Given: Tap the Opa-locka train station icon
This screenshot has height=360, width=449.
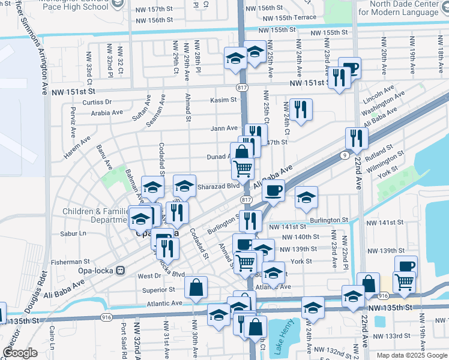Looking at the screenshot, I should (120, 271).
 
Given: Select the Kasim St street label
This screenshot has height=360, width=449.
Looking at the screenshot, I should (223, 100).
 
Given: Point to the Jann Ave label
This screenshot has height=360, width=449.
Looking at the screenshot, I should (224, 128).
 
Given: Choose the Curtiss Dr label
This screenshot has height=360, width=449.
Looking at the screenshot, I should (97, 102).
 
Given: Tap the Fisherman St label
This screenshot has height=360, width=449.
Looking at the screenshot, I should (70, 262).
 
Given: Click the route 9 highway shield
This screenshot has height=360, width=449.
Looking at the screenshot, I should (345, 155).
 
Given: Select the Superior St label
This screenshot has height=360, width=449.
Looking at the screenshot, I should (158, 289).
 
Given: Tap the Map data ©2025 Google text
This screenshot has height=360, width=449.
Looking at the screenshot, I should (412, 355).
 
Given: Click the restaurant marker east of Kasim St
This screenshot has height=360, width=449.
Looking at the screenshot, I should (301, 110).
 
